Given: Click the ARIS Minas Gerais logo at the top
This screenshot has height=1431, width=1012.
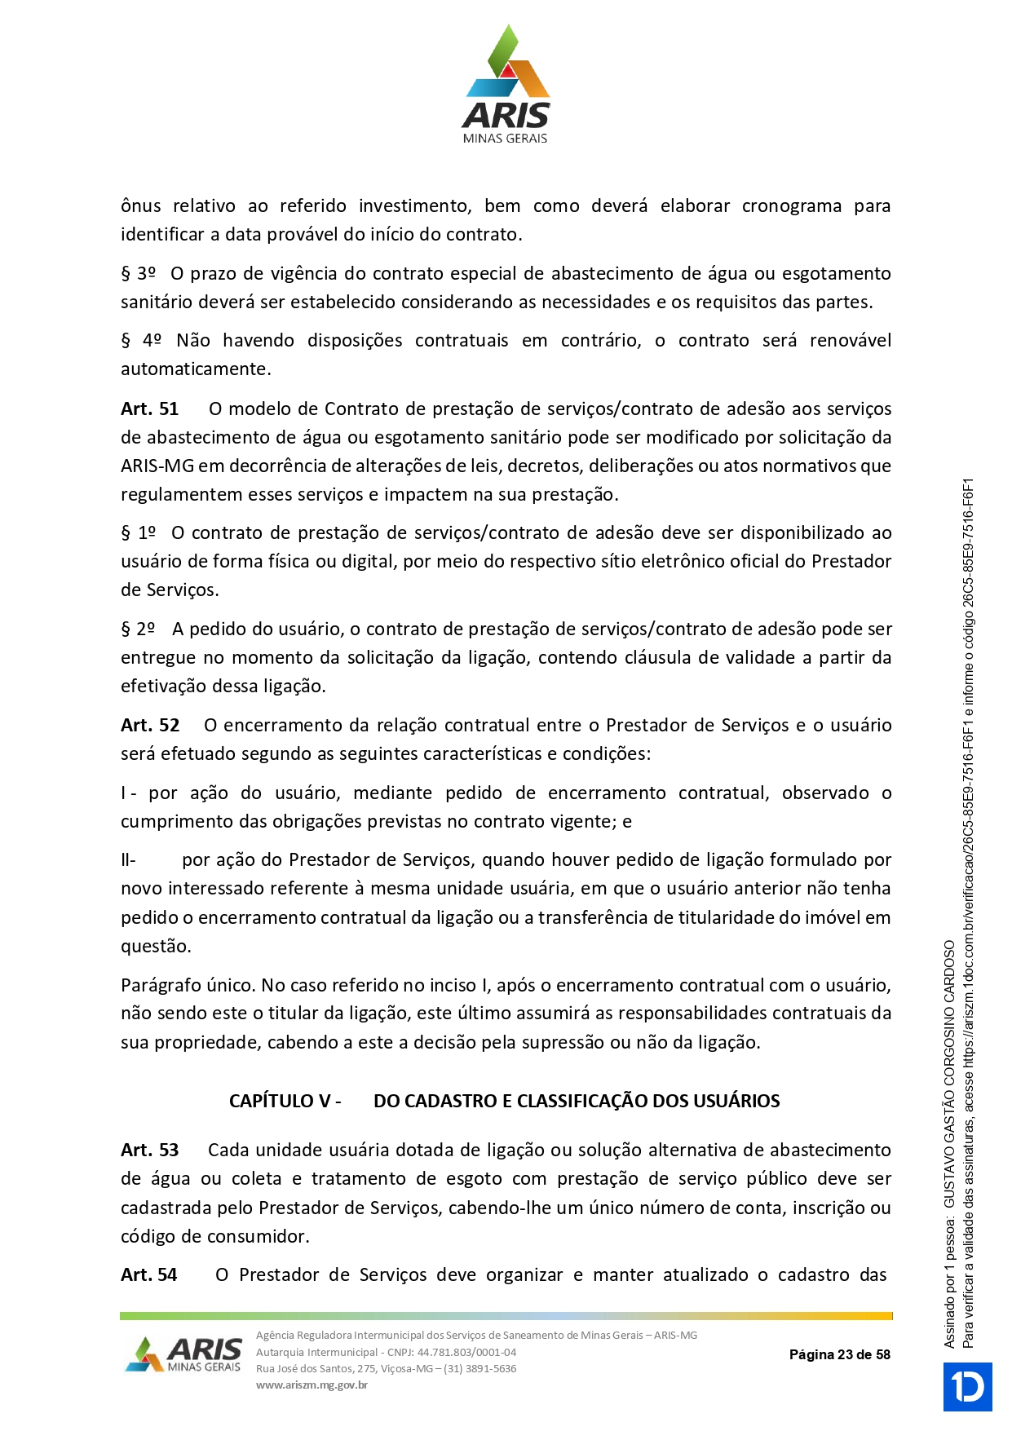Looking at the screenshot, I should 506,85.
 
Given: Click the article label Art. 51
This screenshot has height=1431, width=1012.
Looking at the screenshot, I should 149,409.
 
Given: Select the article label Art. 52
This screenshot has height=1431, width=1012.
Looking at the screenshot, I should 150,725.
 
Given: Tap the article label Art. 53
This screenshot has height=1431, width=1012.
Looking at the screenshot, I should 149,1150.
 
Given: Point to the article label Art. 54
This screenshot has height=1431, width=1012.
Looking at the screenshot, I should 148,1274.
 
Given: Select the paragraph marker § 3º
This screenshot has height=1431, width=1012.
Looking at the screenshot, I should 138,273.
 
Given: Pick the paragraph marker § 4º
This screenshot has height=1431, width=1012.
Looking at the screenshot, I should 141,340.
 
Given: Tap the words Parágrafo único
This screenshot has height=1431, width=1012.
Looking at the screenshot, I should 188,985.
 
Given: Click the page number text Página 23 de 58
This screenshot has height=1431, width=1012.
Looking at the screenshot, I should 839,1354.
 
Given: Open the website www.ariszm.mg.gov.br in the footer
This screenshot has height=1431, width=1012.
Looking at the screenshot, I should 312,1385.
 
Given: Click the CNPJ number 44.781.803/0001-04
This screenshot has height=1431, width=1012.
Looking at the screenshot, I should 466,1352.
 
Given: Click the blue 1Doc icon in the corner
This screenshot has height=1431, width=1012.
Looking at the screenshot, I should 967,1386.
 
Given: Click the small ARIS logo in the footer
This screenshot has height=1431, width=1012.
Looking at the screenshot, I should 184,1354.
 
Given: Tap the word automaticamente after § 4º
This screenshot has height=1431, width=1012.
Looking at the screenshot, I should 196,369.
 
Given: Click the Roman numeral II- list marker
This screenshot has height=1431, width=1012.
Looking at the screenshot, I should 128,859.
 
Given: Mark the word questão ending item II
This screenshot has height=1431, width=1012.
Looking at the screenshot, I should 156,946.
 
